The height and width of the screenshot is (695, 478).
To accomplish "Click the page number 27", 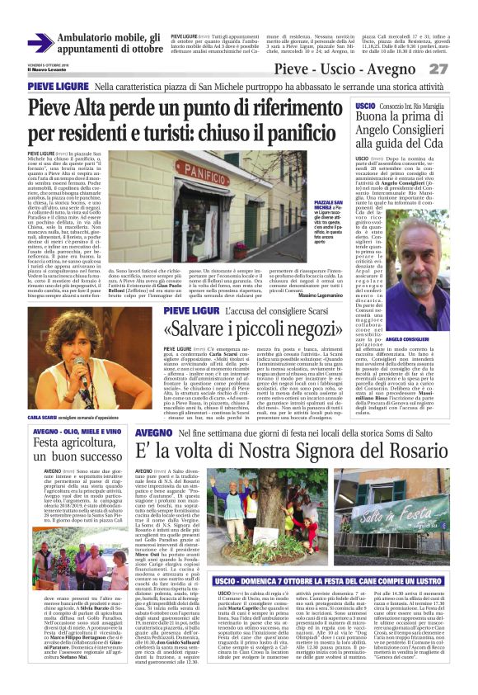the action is point(459,69).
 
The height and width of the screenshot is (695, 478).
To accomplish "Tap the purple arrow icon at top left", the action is point(40,43).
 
